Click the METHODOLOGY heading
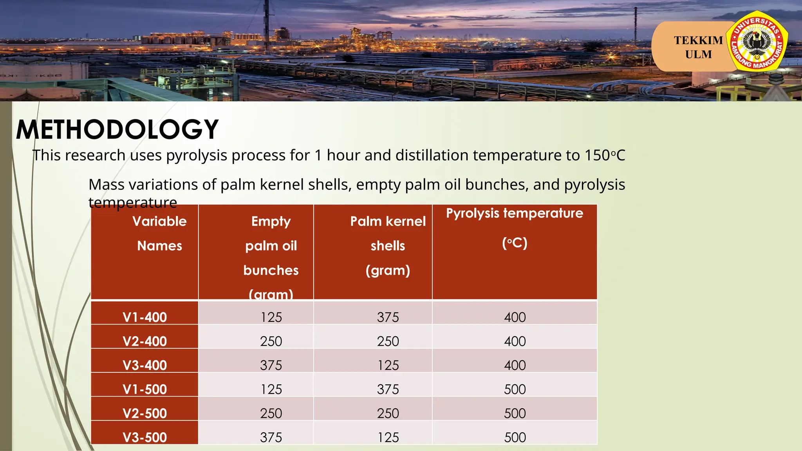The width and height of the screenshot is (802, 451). [117, 130]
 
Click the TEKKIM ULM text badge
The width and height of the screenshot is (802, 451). [698, 47]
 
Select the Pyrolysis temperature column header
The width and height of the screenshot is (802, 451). [514, 228]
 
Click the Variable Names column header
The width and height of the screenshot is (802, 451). [159, 233]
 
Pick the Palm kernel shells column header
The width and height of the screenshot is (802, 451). [388, 245]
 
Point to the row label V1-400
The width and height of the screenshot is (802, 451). [145, 317]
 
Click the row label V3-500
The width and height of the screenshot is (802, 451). [145, 437]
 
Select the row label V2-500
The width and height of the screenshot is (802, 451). [145, 413]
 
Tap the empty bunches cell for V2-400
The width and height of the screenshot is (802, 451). [271, 341]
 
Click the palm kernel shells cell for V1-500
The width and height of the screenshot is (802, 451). [388, 389]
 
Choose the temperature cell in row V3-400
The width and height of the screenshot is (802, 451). [515, 365]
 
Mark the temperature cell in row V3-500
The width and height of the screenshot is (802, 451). [515, 437]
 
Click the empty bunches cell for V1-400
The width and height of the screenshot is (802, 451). [271, 317]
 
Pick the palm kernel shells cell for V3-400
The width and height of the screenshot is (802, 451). [388, 365]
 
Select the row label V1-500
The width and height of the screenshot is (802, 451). [145, 389]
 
